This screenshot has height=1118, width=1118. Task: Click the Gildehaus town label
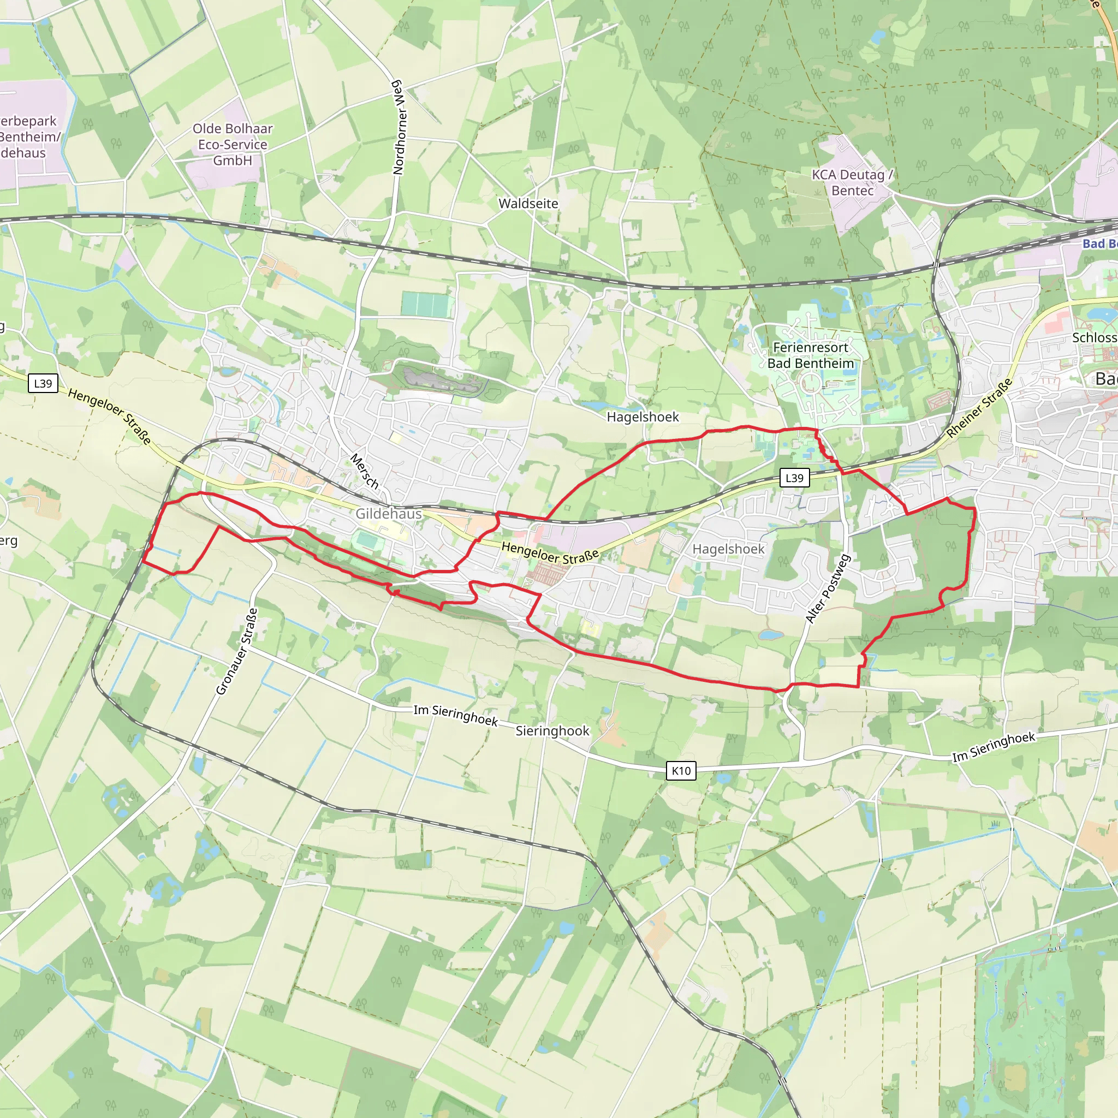pos(388,513)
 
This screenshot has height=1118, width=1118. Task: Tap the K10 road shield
pos(681,770)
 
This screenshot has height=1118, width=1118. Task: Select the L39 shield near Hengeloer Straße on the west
pos(43,383)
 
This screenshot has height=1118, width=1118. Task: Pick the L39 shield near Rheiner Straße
pos(794,478)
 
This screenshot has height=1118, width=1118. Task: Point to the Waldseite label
pos(528,204)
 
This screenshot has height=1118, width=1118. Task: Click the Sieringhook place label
pos(552,731)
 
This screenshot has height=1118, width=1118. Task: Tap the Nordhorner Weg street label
pos(399,127)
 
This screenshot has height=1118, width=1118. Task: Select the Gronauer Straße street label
pos(237,652)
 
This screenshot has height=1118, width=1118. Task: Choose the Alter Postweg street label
pos(828,588)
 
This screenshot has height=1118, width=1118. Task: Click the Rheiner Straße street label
pos(979,407)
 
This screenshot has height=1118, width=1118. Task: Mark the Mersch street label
pos(365,471)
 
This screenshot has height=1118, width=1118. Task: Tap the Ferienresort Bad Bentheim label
pos(810,355)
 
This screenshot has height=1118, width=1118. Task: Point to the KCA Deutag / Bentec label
pos(852,182)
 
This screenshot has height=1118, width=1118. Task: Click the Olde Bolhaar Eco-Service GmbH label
pos(233,144)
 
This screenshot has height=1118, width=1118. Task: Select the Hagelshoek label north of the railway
pos(643,417)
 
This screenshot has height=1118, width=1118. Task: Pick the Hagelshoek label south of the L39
pos(728,549)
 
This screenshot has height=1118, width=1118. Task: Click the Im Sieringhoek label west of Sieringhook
pos(455,715)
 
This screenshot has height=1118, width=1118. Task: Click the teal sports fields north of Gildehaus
pos(426,305)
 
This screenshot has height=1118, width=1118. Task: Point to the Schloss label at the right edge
pos(1093,337)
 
